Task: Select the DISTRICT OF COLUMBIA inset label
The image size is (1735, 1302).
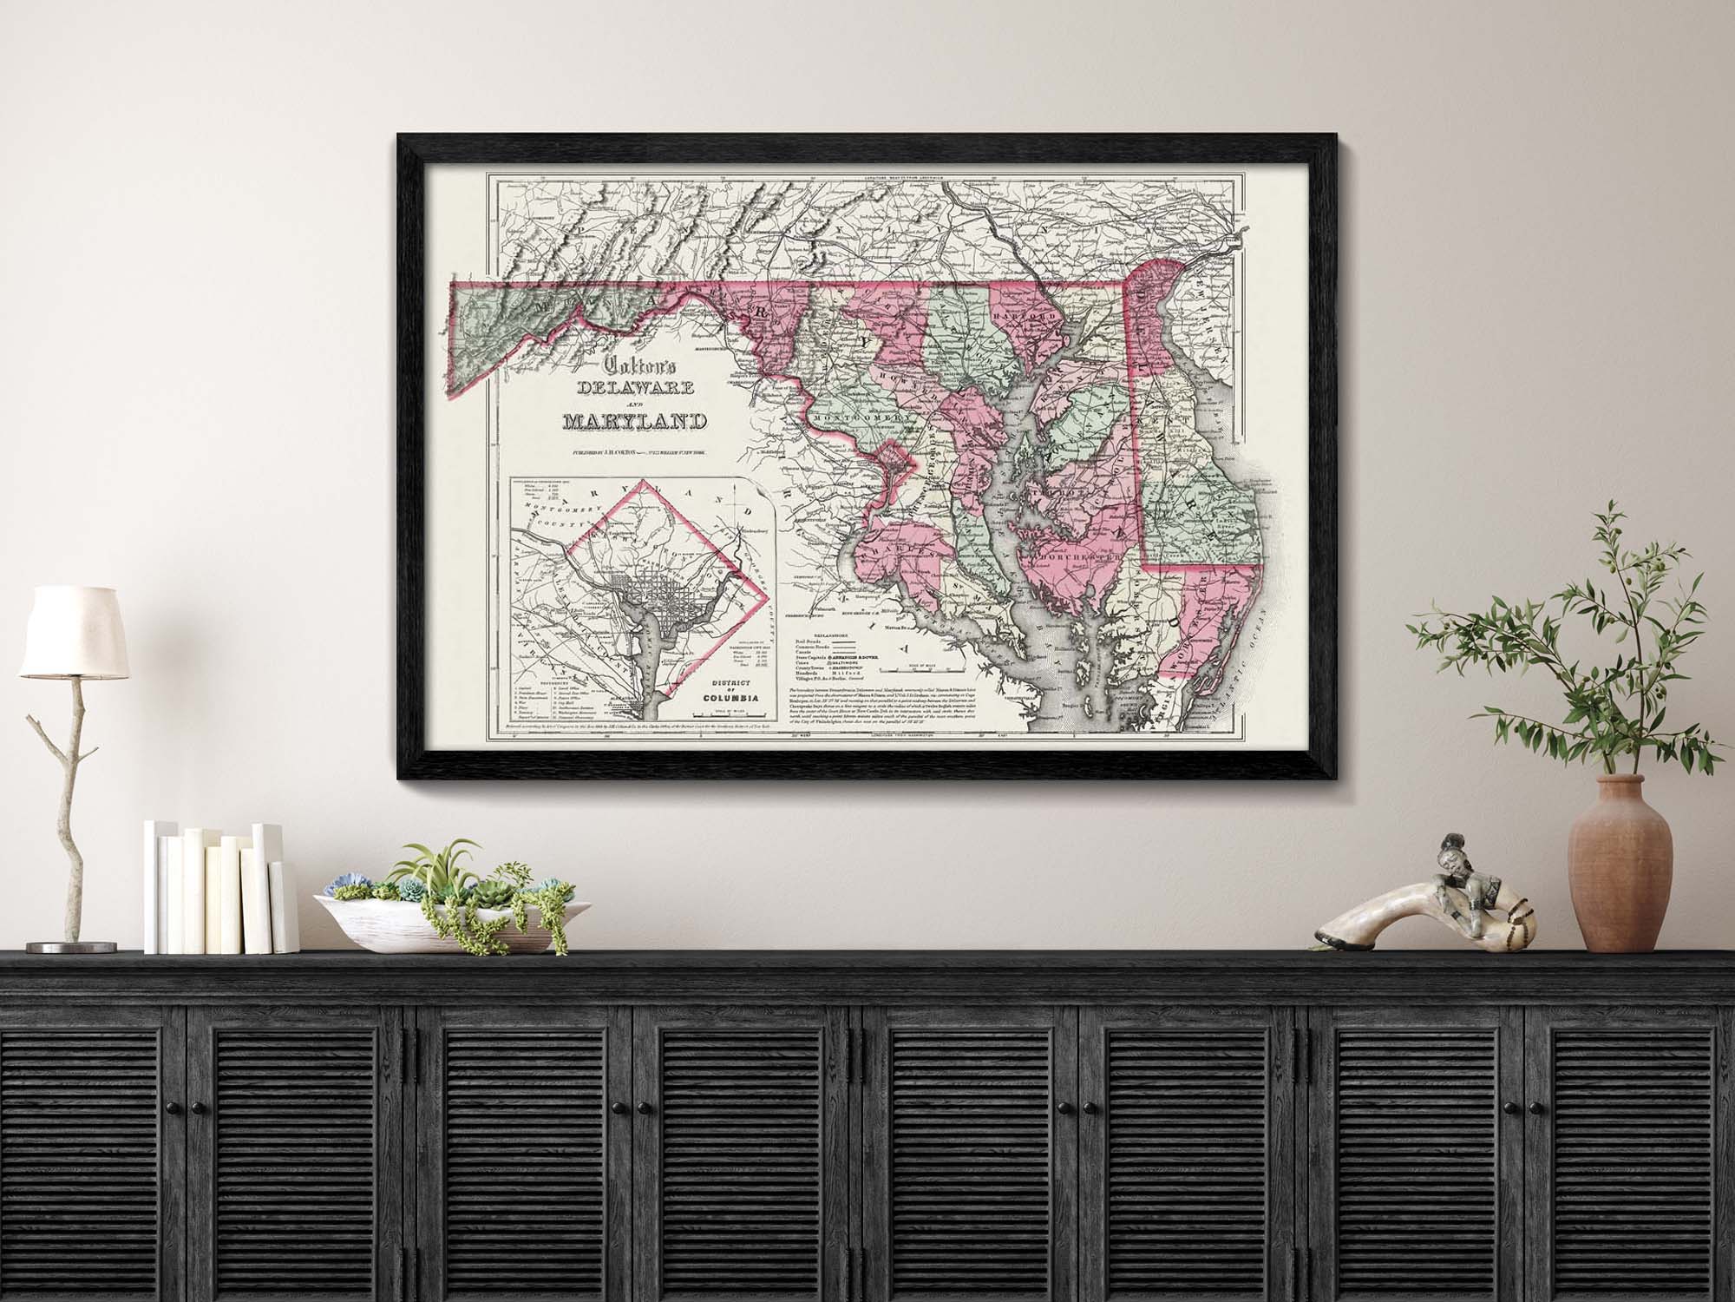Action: (x=727, y=690)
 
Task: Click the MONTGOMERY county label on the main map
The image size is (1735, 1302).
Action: (x=864, y=418)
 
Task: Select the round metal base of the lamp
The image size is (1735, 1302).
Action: (x=64, y=946)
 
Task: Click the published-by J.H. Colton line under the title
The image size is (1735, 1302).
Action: (x=634, y=453)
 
